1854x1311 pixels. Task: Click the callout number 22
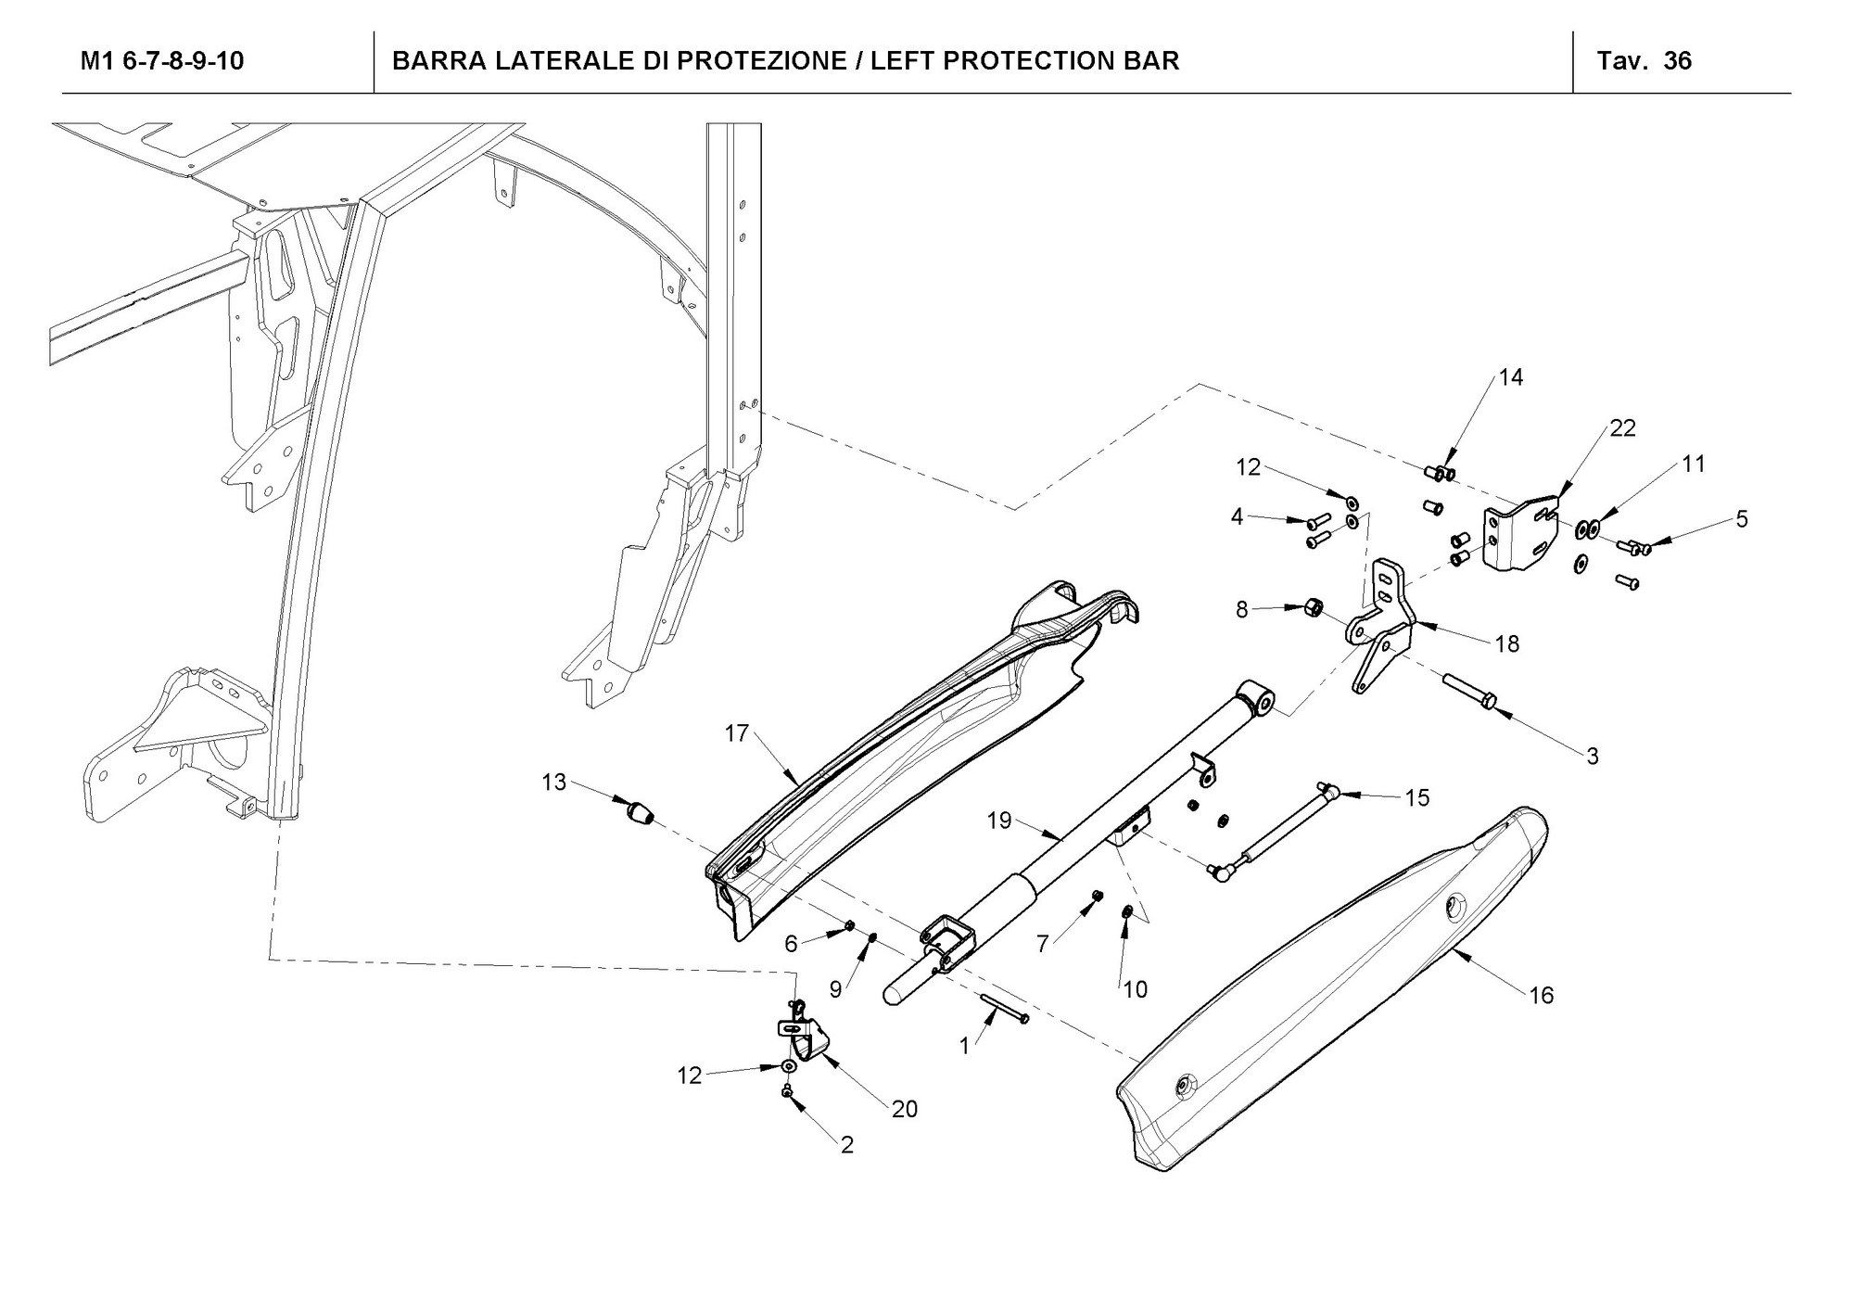coord(1622,428)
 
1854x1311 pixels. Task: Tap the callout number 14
coord(1511,377)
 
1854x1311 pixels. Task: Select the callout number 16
coord(1541,996)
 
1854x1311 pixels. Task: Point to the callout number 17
coord(736,734)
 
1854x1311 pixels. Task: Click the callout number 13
coord(553,783)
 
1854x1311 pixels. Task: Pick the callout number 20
coord(904,1109)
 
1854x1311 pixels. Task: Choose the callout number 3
coord(1593,756)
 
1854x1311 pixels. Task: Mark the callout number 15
coord(1417,797)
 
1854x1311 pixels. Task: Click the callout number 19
coord(999,821)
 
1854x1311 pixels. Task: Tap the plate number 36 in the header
coord(1678,61)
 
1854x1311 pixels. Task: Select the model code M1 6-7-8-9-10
coord(162,61)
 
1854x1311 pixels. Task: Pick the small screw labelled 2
coord(787,1095)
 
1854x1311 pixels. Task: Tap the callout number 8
coord(1242,609)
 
